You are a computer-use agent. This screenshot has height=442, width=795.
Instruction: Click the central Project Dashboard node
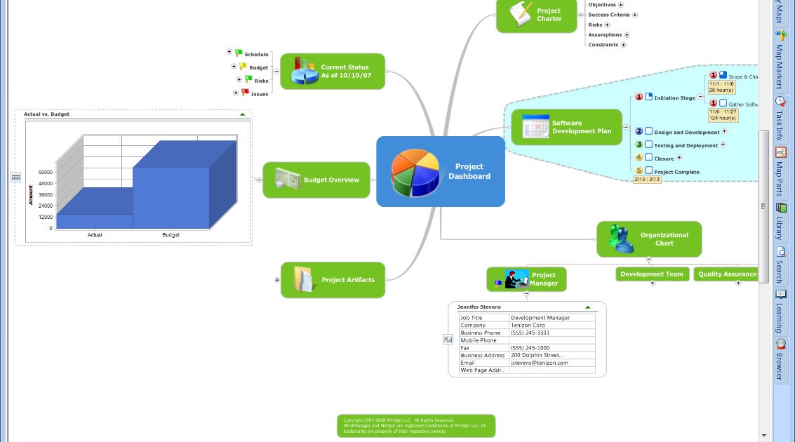pos(441,172)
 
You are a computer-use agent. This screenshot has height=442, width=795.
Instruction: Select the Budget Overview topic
pos(316,180)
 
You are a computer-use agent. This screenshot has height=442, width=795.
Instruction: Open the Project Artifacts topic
pos(333,280)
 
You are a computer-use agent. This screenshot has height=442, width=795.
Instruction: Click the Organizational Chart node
pos(649,239)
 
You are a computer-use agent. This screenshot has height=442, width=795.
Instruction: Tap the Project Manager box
pos(527,279)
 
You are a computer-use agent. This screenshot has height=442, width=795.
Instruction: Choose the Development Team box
pos(652,274)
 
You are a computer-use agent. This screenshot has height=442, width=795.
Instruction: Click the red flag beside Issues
pos(245,93)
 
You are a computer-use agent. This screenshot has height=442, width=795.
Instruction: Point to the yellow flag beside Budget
pos(243,67)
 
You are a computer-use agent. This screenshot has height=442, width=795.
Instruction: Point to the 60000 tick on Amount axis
pos(46,171)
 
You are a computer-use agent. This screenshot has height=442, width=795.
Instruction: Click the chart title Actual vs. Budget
pos(46,114)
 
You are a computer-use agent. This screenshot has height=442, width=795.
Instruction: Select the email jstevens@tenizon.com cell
pos(540,363)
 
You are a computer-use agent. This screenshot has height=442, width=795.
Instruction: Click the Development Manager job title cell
pos(540,318)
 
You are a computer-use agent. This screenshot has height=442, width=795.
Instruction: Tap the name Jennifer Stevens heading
pos(479,307)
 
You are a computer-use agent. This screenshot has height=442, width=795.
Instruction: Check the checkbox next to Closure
pos(649,158)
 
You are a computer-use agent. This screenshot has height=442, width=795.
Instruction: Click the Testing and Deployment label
pos(686,145)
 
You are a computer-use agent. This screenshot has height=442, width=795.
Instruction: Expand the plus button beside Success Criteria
pos(635,15)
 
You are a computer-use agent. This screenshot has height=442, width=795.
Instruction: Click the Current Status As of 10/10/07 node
pos(333,72)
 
